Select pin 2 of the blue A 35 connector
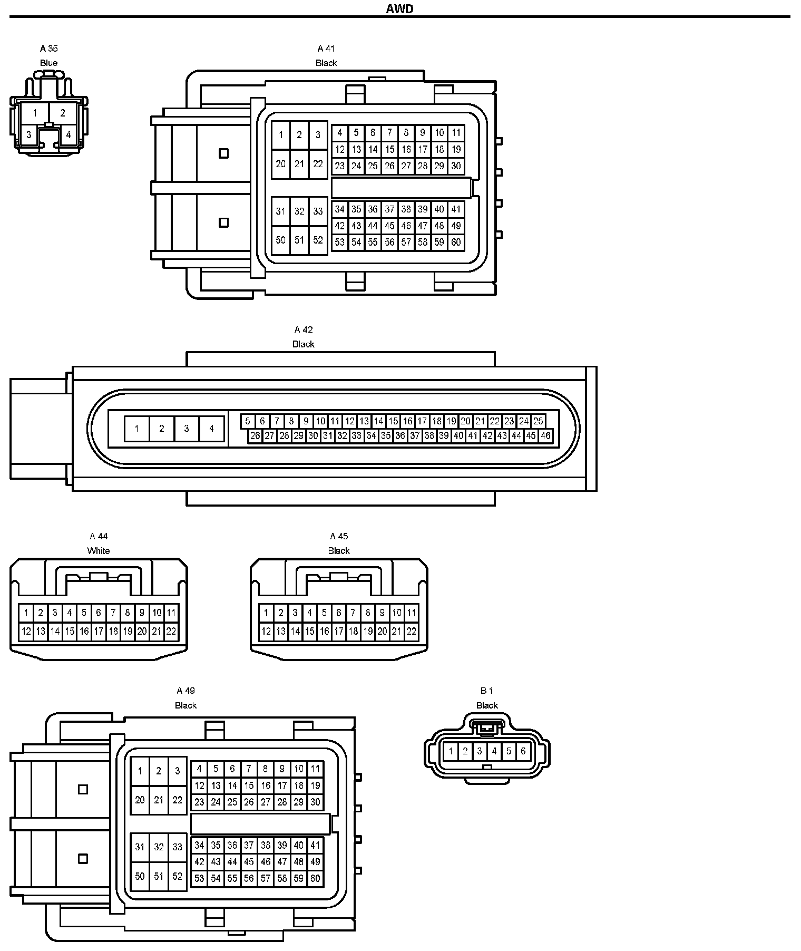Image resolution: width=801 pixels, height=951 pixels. (63, 113)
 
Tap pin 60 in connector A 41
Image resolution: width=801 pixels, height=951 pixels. (456, 242)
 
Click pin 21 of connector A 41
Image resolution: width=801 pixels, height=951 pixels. (299, 164)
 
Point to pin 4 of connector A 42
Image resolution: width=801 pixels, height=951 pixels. (211, 429)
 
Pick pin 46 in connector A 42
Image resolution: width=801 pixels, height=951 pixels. (545, 435)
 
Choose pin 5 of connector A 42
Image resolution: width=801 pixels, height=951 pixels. (248, 421)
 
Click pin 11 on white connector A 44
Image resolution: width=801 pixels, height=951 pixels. (171, 613)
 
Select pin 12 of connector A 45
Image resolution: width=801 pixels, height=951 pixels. (266, 631)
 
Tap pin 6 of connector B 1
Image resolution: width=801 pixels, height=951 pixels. (523, 751)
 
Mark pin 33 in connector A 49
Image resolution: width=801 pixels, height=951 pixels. (178, 847)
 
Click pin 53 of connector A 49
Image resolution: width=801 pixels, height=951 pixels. (199, 878)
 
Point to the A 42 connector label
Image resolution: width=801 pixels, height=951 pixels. (304, 330)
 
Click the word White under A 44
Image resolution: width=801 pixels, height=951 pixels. (99, 551)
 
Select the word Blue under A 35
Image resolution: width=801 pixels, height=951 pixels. (48, 63)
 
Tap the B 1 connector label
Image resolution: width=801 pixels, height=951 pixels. (487, 691)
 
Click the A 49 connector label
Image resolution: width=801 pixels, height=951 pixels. (186, 691)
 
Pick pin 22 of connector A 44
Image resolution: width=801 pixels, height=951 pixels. (171, 631)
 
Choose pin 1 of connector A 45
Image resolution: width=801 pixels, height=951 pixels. (266, 613)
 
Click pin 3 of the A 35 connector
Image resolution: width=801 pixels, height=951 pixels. (29, 134)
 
